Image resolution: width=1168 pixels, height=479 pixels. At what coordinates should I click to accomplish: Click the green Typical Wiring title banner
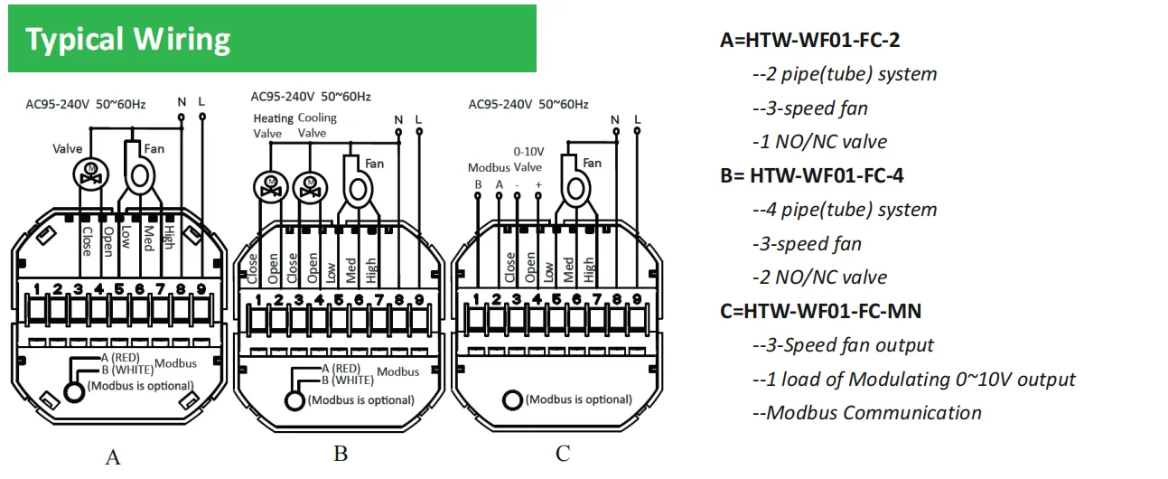[x=272, y=39]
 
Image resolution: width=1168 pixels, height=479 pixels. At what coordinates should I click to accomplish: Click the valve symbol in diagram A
[x=90, y=174]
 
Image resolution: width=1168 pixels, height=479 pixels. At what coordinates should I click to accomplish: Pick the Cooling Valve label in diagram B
[x=317, y=126]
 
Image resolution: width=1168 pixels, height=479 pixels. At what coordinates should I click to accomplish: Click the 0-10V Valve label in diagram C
[x=528, y=159]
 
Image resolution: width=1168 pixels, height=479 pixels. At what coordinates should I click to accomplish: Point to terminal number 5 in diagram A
[x=119, y=288]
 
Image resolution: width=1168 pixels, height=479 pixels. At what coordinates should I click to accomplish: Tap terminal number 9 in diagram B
[x=419, y=299]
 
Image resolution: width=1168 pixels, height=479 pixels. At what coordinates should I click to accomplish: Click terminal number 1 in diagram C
[x=475, y=299]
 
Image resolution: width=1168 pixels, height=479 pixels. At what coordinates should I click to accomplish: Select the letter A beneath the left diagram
[x=113, y=457]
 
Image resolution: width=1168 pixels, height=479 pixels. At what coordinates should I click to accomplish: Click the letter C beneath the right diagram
[x=563, y=454]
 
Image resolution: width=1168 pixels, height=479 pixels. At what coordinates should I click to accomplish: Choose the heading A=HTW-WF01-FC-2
[x=809, y=40]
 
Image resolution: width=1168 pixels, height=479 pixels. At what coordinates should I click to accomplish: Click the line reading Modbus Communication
[x=867, y=413]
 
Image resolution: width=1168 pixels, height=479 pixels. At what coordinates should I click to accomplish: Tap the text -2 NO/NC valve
[x=819, y=277]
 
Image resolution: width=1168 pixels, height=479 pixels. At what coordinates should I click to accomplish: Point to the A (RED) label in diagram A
[x=120, y=358]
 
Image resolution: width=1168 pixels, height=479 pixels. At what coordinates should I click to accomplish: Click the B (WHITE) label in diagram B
[x=348, y=380]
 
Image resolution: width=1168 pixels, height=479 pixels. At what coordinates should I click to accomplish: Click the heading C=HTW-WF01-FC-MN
[x=821, y=312]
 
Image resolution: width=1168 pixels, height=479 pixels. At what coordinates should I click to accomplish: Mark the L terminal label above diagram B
[x=418, y=119]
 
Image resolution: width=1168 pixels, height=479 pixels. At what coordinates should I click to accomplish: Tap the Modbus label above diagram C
[x=489, y=167]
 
